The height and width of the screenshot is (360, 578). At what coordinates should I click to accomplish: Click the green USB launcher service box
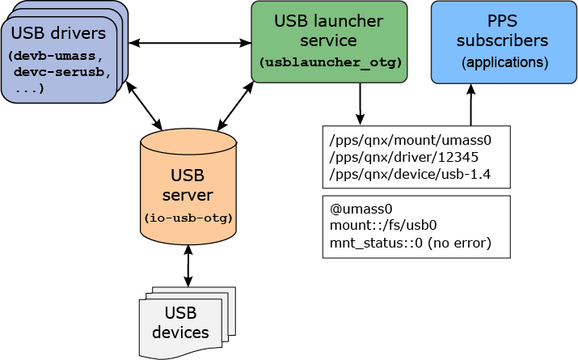coord(329,40)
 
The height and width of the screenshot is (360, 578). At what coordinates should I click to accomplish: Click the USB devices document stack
coord(187,322)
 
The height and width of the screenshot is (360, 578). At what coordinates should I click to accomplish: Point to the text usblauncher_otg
coord(330,62)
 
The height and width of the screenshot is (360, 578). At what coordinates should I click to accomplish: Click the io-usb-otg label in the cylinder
coord(188,218)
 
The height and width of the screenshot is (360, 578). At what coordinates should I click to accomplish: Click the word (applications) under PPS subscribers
coord(504,62)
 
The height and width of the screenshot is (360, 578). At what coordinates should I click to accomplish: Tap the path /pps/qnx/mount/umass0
coord(410,139)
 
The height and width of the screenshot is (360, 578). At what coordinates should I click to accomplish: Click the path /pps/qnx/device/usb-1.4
coord(410,174)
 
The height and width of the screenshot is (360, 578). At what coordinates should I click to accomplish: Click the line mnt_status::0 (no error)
coord(410,242)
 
